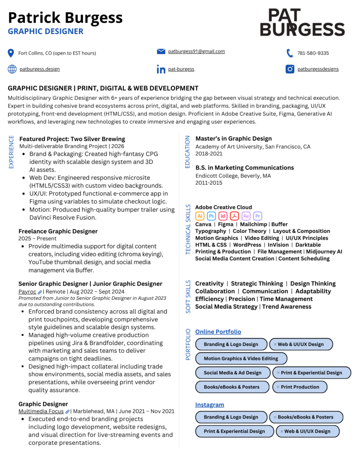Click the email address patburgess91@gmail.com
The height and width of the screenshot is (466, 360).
[x=196, y=51]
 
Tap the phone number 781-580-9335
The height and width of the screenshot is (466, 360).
[x=313, y=53]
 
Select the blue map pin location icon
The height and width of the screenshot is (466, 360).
[x=11, y=53]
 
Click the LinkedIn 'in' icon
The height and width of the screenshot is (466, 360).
[x=161, y=69]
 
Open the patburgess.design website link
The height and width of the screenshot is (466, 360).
[x=40, y=69]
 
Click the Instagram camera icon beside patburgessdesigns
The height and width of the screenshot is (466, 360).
[x=290, y=69]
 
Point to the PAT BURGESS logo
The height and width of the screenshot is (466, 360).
[x=302, y=22]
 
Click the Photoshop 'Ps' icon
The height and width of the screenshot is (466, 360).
[x=211, y=216]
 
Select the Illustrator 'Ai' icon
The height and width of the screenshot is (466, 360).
[x=200, y=216]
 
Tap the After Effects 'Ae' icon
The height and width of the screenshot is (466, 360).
[x=246, y=216]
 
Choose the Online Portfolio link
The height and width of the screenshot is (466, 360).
[x=218, y=332]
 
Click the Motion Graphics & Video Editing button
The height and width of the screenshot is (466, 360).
[x=241, y=359]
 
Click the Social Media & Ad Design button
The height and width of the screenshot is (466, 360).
[x=233, y=373]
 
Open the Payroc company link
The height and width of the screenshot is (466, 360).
[x=27, y=292]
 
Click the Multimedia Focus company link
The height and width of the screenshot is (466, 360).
[x=41, y=411]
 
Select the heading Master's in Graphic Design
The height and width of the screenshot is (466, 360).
[x=233, y=138]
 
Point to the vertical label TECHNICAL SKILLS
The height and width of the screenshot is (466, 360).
[x=188, y=229]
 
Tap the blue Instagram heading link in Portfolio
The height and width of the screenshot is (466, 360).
[x=209, y=405]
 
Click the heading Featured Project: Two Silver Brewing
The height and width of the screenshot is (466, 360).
[x=72, y=139]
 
